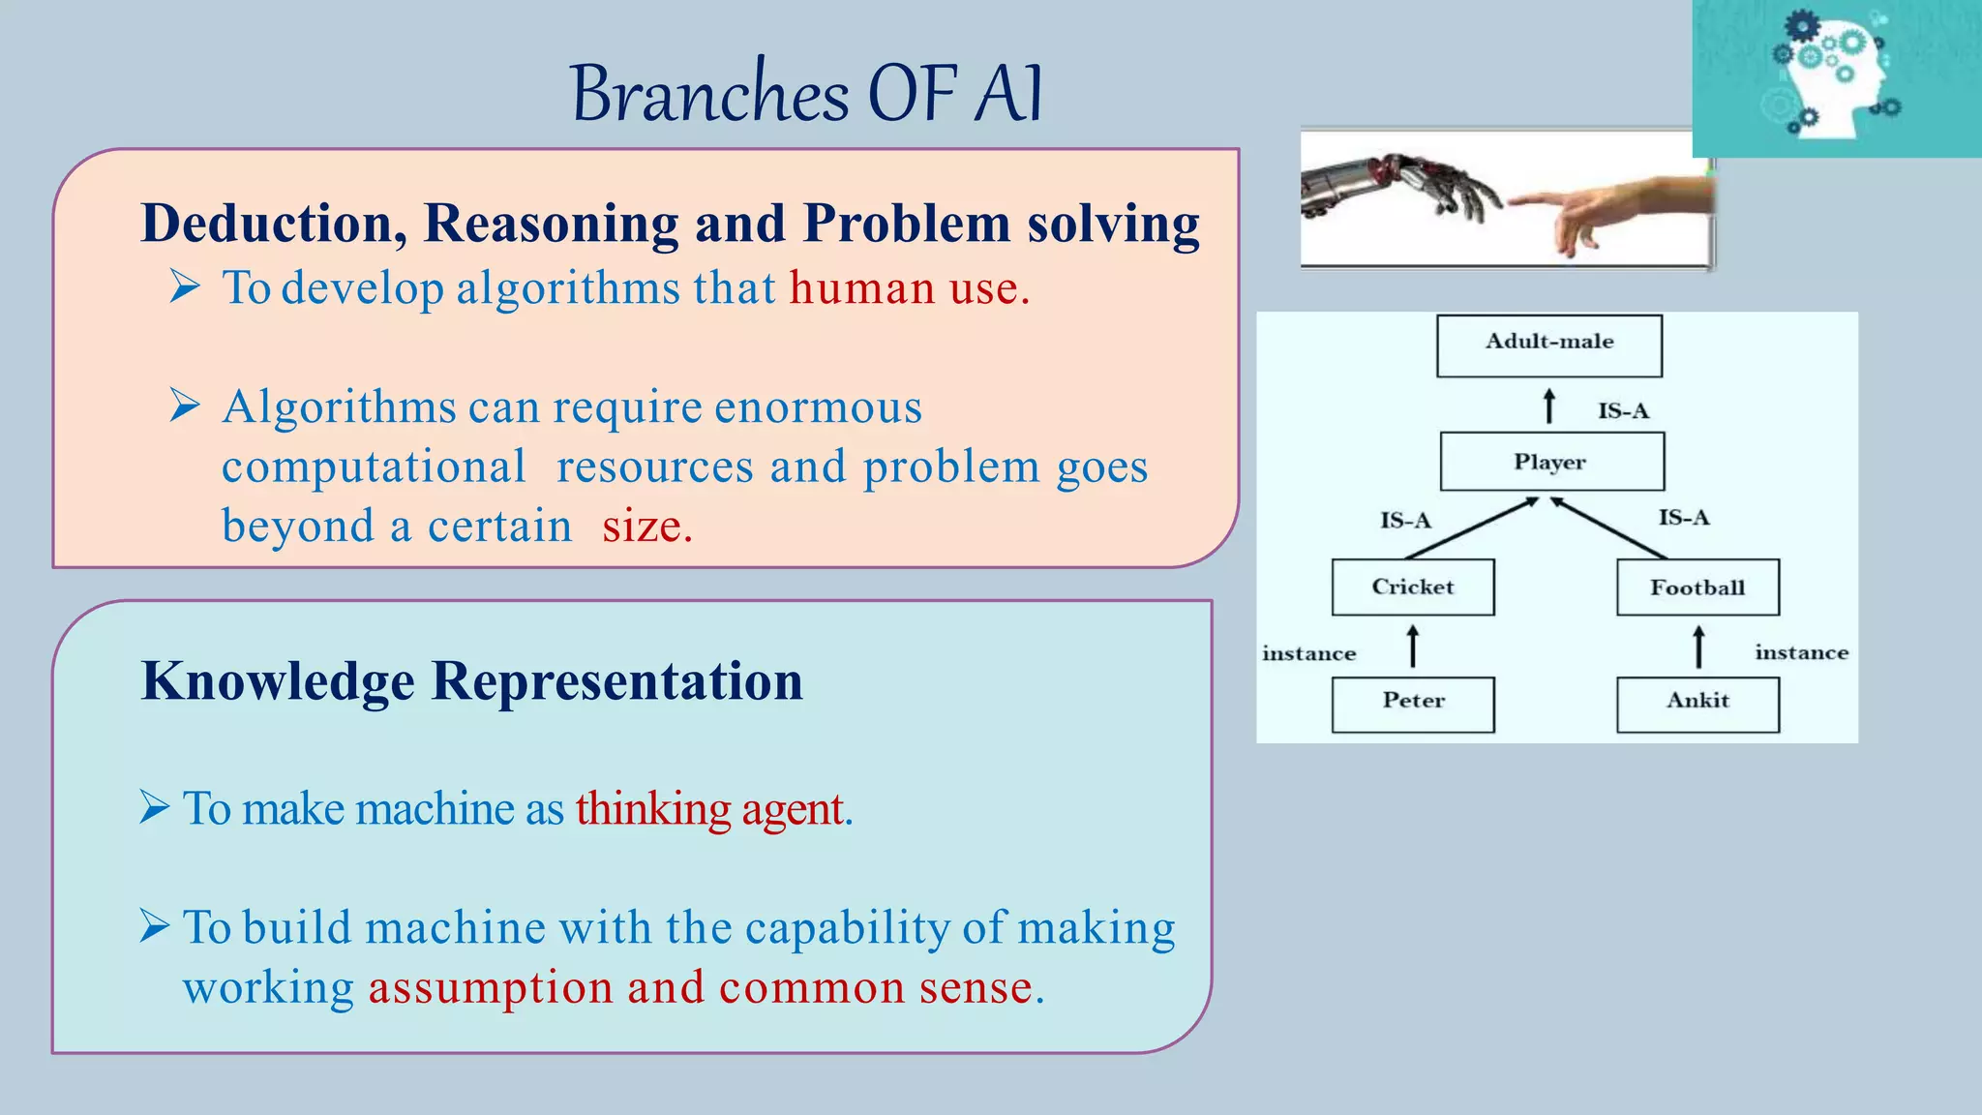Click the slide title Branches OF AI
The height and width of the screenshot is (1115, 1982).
(806, 94)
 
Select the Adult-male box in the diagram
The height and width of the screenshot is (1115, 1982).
(1548, 345)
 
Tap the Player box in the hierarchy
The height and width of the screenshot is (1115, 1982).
(1551, 462)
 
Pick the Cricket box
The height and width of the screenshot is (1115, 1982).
(1412, 587)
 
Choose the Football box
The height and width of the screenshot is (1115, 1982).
(1697, 588)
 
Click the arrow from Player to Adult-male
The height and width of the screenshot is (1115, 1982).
(1549, 406)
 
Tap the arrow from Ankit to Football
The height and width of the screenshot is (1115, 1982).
(1698, 647)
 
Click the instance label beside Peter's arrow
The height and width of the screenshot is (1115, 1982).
(1308, 654)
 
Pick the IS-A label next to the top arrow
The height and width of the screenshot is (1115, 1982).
(1623, 411)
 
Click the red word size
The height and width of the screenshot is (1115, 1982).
(646, 527)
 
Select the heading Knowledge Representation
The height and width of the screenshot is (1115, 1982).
(471, 680)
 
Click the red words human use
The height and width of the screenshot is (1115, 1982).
(909, 288)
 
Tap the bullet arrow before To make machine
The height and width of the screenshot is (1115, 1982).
(155, 806)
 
